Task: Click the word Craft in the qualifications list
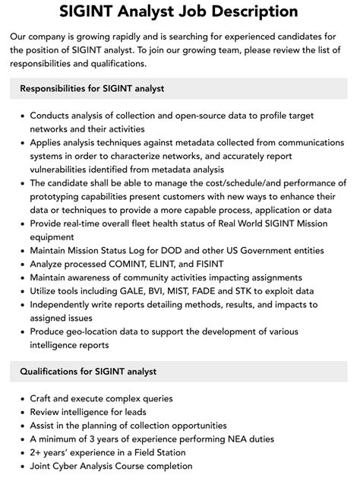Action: (x=43, y=398)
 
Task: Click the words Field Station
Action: (x=159, y=452)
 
